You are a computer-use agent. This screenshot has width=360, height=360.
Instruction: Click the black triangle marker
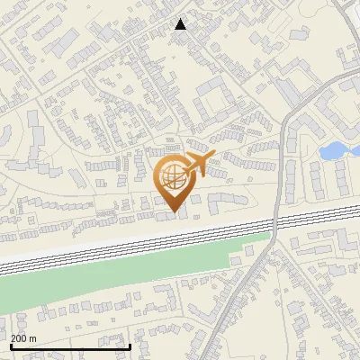click(x=181, y=24)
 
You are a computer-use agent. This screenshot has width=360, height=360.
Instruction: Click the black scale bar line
click(x=70, y=346)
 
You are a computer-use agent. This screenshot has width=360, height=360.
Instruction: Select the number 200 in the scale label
click(x=20, y=338)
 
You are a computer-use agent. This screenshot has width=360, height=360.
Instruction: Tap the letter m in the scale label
click(x=33, y=338)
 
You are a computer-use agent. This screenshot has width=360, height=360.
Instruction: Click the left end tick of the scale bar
click(x=10, y=345)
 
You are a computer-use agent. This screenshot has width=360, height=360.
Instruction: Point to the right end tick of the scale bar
click(x=130, y=345)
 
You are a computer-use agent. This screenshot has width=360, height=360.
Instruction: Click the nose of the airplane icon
click(x=211, y=157)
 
